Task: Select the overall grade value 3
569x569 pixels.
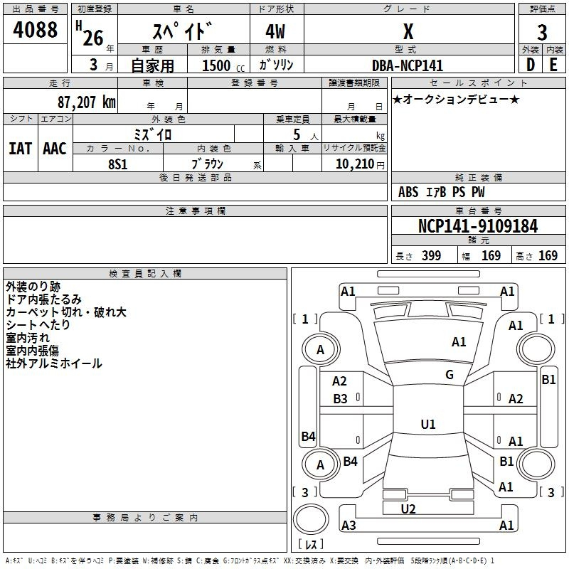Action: (542, 32)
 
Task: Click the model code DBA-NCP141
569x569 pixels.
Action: (408, 65)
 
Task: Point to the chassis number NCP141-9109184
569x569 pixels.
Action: (478, 227)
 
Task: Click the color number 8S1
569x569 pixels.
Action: (117, 164)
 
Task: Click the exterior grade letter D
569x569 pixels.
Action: (530, 65)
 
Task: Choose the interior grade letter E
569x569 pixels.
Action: (553, 65)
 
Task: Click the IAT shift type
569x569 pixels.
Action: (19, 149)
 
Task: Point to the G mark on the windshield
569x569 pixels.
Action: (450, 374)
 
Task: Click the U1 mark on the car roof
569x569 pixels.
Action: (428, 425)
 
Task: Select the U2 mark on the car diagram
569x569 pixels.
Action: (408, 509)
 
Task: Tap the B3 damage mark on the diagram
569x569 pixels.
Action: (340, 399)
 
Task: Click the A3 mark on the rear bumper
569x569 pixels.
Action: (349, 526)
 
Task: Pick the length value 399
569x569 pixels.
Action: (431, 256)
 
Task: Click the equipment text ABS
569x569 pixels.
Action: (408, 192)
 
